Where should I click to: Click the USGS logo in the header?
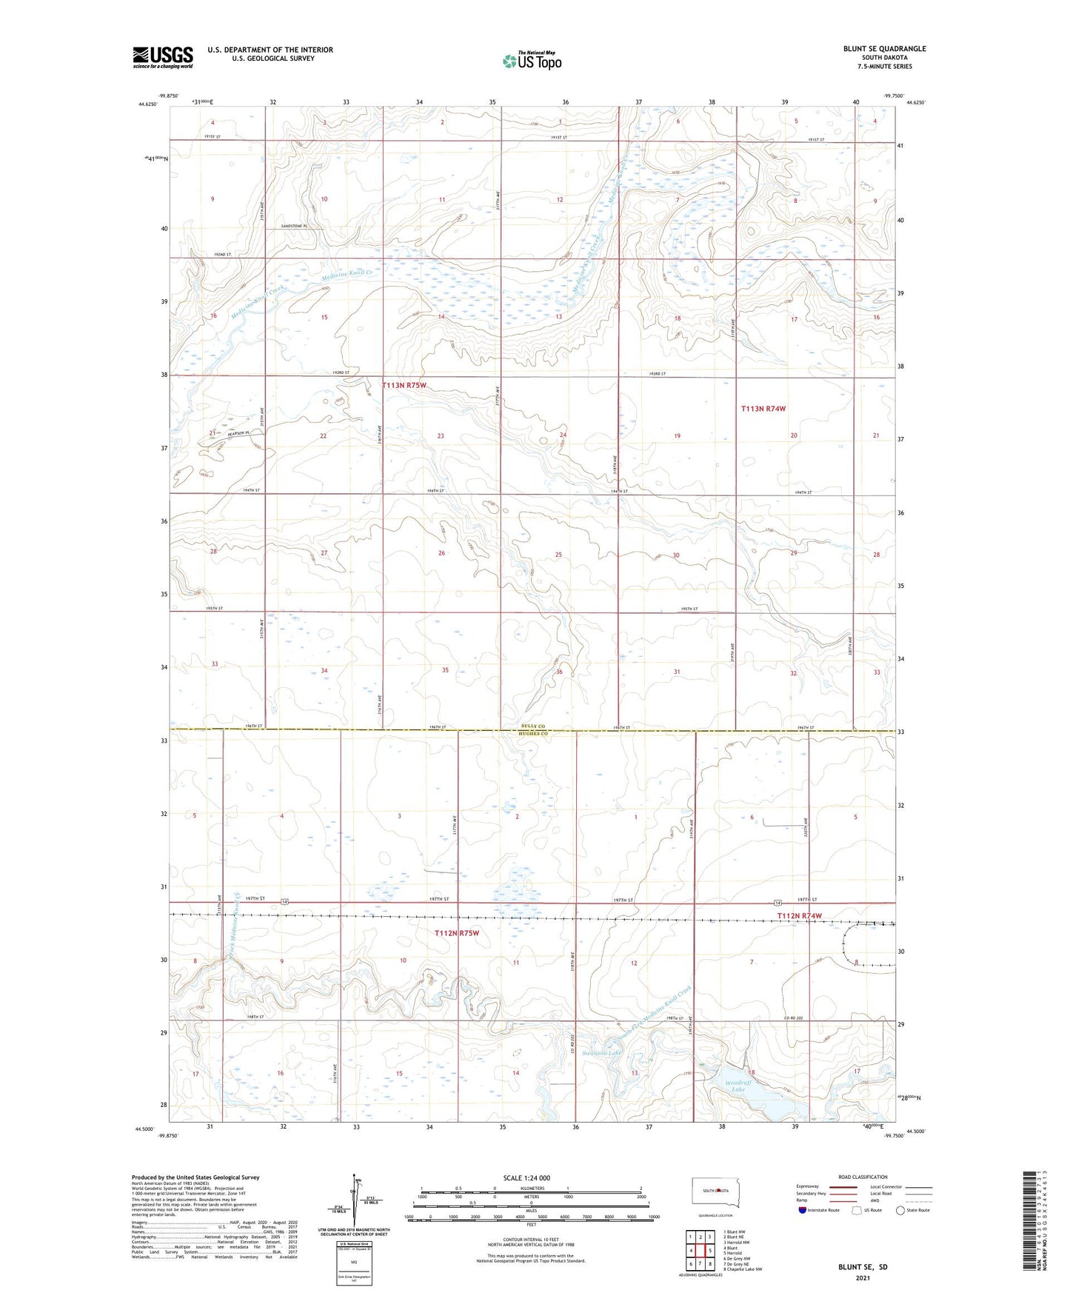coord(163,57)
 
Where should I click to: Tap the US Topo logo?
coord(531,61)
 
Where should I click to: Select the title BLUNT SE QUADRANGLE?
coord(884,49)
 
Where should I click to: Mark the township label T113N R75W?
coord(404,385)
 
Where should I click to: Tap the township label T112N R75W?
coord(457,933)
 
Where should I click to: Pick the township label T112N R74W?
coord(800,916)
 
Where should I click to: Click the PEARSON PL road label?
coord(240,433)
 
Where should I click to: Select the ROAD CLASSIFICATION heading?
coord(863,1177)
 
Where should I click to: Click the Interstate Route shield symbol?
coord(803,1210)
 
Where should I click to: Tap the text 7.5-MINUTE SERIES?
coord(884,67)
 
